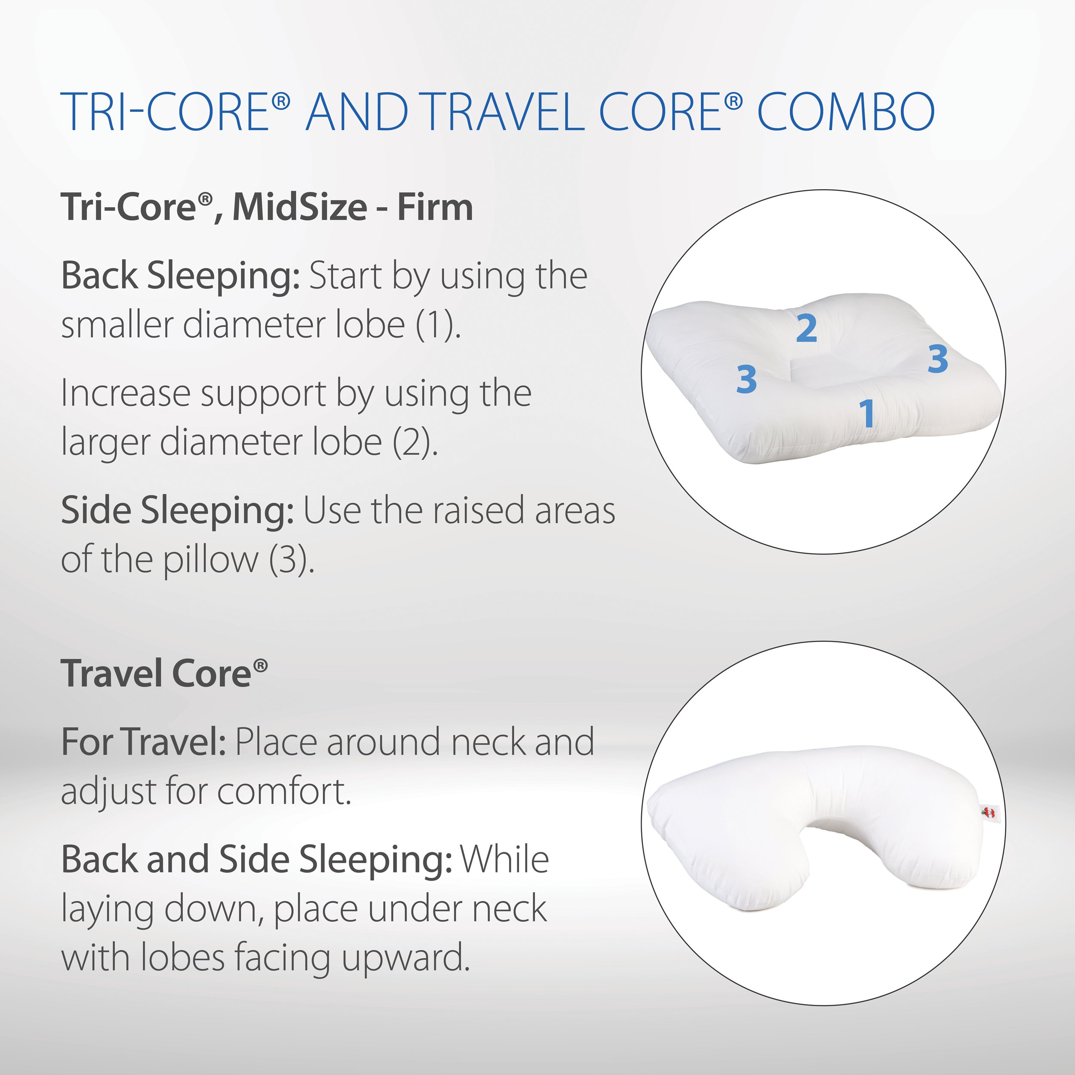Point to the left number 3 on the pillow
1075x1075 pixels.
click(746, 380)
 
